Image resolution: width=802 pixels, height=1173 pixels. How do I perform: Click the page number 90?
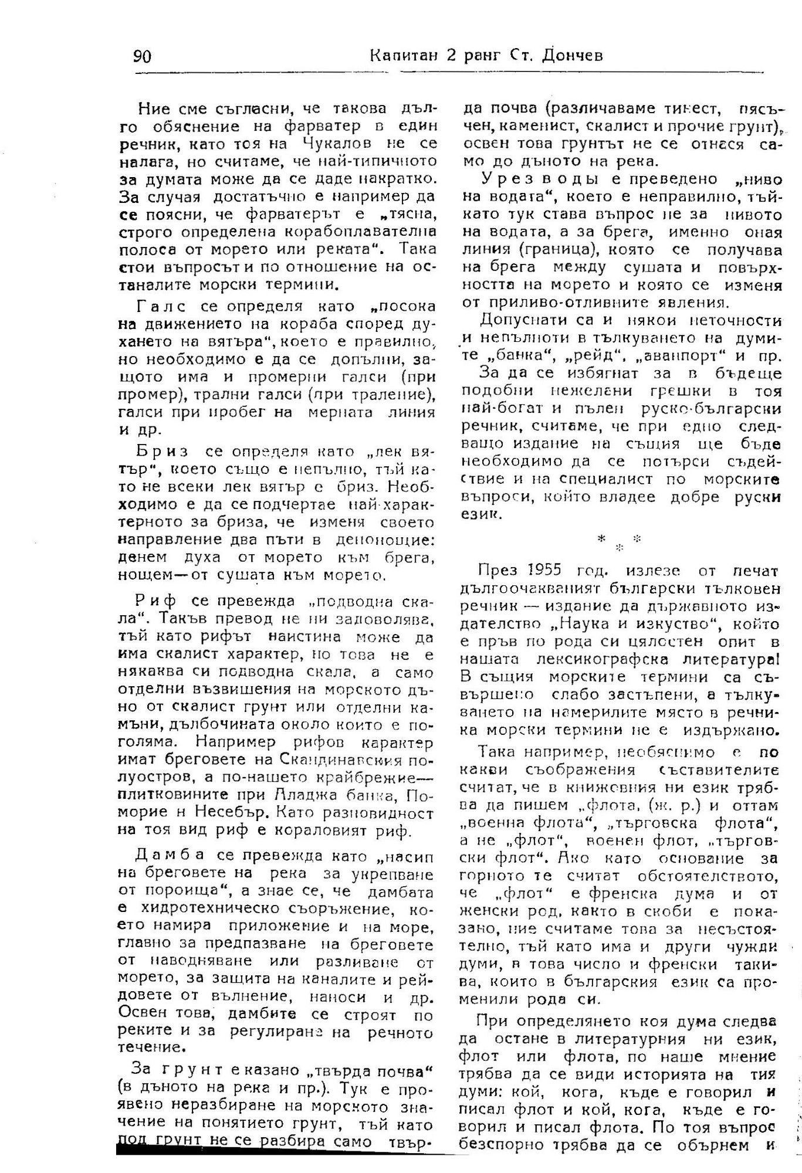[x=143, y=56]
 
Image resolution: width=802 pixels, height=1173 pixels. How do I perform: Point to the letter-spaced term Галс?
[x=161, y=306]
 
